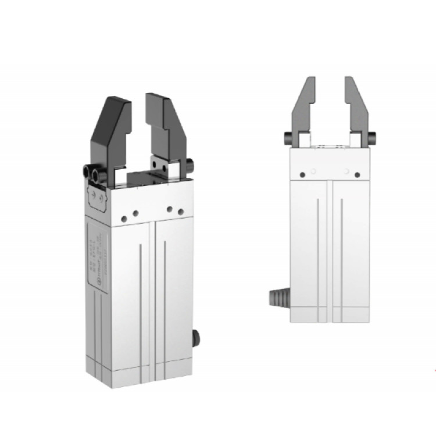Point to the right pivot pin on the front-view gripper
(x=372, y=137)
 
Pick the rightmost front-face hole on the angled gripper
(x=180, y=210)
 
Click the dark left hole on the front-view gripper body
(x=302, y=173)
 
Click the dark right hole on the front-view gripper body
(x=359, y=173)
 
